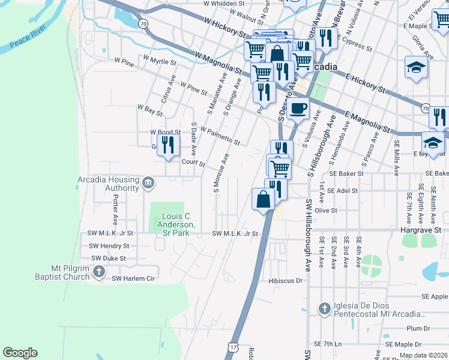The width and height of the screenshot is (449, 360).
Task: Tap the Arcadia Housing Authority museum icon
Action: pyautogui.click(x=148, y=181)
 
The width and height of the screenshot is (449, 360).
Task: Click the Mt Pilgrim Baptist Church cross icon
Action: pyautogui.click(x=100, y=274)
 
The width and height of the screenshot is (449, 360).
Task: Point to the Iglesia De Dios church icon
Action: pyautogui.click(x=324, y=309)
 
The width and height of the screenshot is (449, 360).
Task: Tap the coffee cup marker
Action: pyautogui.click(x=298, y=109)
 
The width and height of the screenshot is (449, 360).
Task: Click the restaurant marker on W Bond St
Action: pyautogui.click(x=169, y=145)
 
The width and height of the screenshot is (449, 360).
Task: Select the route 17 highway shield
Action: pyautogui.click(x=233, y=347)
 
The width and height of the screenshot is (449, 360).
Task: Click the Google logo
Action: pyautogui.click(x=20, y=353)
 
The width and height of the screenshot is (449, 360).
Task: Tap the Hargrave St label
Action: pyautogui.click(x=421, y=230)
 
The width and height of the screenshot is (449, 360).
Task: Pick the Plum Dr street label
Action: pyautogui.click(x=418, y=328)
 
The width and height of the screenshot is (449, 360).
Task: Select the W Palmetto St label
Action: pyautogui.click(x=220, y=136)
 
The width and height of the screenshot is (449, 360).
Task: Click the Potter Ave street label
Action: pyautogui.click(x=115, y=209)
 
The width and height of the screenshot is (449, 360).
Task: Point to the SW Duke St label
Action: pyautogui.click(x=107, y=258)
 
